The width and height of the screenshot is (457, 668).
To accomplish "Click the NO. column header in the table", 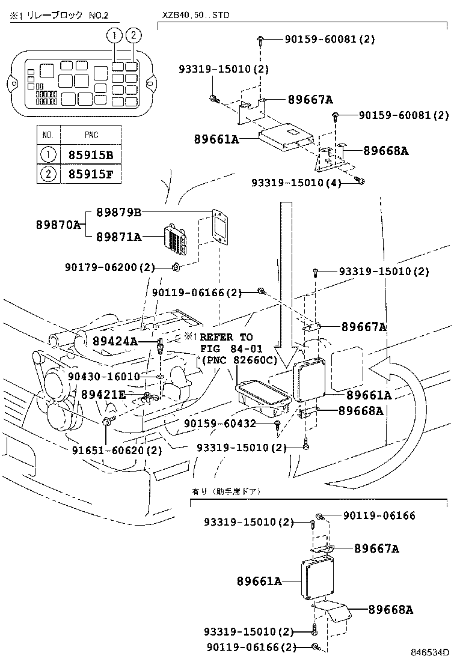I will click(x=48, y=135).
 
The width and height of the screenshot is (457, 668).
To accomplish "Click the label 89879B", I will click(x=118, y=212).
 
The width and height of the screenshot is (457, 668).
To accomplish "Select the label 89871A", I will click(x=118, y=237).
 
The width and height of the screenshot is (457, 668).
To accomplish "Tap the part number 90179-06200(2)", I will click(x=110, y=267).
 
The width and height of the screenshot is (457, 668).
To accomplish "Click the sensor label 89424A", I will click(x=115, y=341).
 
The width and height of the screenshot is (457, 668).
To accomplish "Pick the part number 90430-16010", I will click(x=103, y=376).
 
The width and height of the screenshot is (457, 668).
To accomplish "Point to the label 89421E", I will click(x=103, y=394).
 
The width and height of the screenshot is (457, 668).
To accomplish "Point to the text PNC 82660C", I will click(x=239, y=360).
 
